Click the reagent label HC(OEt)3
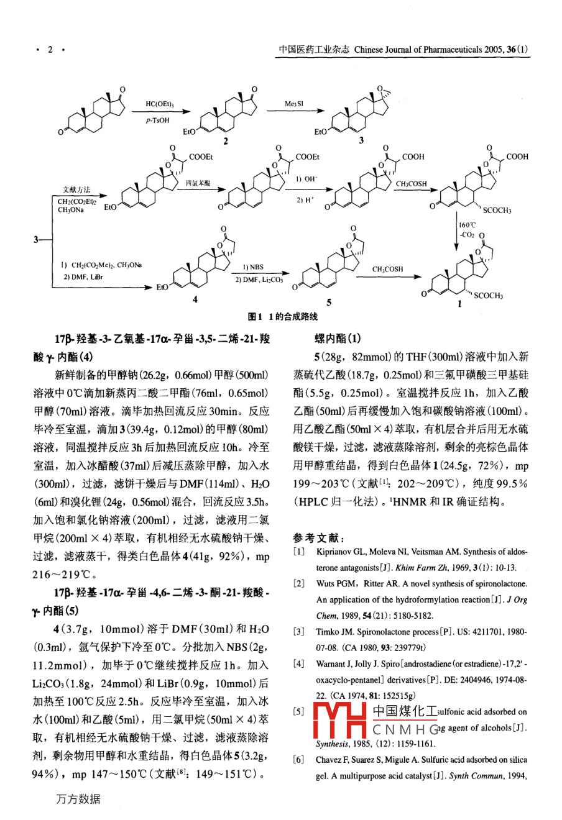(x=160, y=104)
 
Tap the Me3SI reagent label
(x=294, y=104)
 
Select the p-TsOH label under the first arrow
(x=158, y=121)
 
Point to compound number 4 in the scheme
(x=195, y=300)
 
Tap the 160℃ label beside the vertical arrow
(x=468, y=225)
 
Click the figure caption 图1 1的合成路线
(x=282, y=317)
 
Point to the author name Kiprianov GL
(x=341, y=552)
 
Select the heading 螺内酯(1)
(x=338, y=339)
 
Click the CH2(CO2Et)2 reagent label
(x=77, y=201)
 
